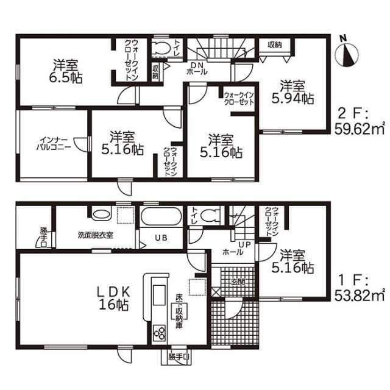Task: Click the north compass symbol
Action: pyautogui.click(x=347, y=53)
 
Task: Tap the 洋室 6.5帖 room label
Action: pyautogui.click(x=66, y=71)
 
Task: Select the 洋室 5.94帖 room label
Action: pyautogui.click(x=292, y=92)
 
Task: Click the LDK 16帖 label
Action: pyautogui.click(x=114, y=299)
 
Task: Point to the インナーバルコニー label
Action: pyautogui.click(x=54, y=144)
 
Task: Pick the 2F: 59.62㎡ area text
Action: pyautogui.click(x=360, y=122)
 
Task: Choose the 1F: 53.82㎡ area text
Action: pyautogui.click(x=360, y=288)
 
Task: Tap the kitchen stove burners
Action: pyautogui.click(x=159, y=332)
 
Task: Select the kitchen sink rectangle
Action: pyautogui.click(x=159, y=295)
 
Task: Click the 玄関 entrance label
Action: pyautogui.click(x=238, y=282)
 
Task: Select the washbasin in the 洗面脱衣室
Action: pyautogui.click(x=101, y=214)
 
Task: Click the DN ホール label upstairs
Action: pyautogui.click(x=197, y=69)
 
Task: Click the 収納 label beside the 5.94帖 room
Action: pyautogui.click(x=275, y=45)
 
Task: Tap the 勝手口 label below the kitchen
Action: pyautogui.click(x=179, y=357)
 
